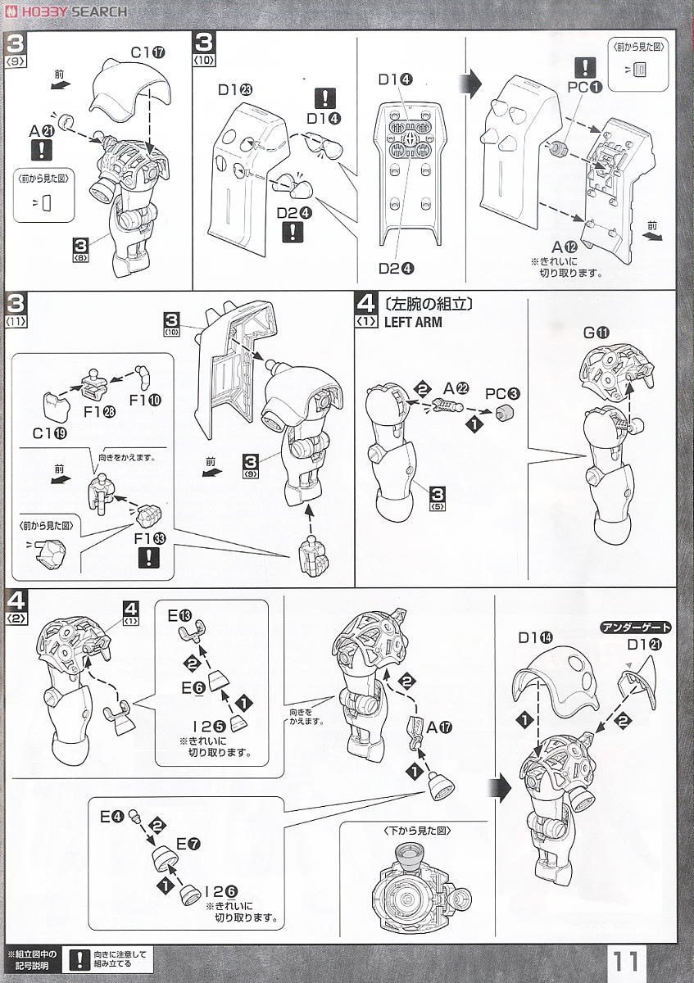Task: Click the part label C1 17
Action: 147,52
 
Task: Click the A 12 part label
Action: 565,247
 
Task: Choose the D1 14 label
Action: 536,637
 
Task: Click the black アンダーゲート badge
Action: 636,627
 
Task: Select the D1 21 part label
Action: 646,645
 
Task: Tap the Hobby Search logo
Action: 66,11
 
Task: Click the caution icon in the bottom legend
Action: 79,958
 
